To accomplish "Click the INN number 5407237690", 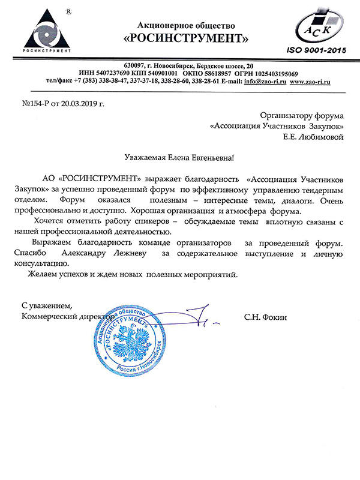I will (x=124, y=73).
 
